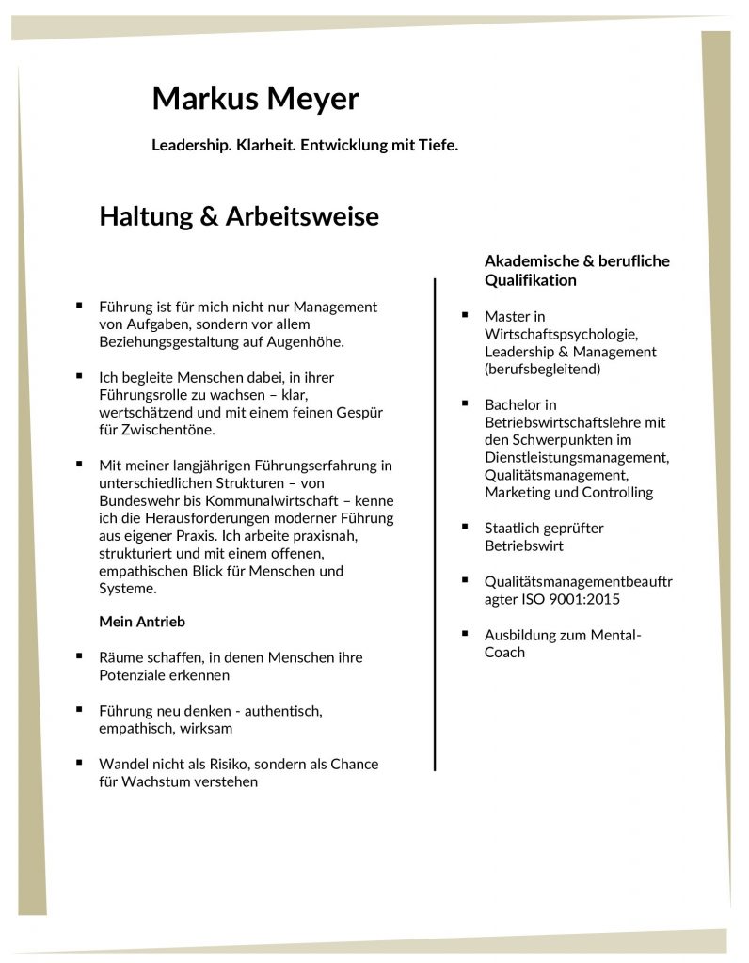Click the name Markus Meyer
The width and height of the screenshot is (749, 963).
(255, 98)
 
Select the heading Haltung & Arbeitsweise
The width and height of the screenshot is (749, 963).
(239, 217)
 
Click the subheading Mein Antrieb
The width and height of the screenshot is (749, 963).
(142, 622)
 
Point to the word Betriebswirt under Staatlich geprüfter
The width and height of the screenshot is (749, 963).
(524, 545)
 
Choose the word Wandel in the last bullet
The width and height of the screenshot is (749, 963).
(122, 764)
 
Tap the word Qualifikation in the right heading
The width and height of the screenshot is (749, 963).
(531, 280)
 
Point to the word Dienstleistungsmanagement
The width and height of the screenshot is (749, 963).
(577, 458)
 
